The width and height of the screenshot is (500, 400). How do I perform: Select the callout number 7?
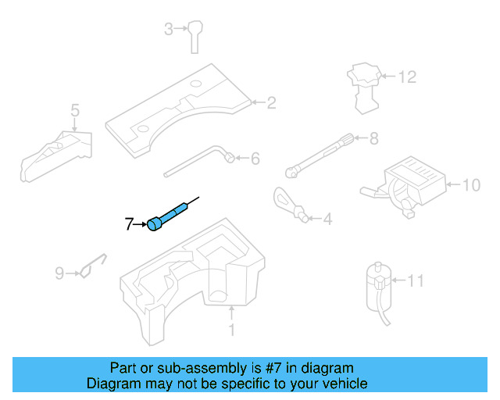pos(130,225)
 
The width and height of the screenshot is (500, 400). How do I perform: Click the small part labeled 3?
pos(195,37)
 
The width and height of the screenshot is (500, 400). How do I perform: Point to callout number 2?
pos(271,102)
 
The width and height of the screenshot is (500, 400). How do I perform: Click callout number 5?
pos(75,110)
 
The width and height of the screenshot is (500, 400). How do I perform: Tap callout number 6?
pos(254,159)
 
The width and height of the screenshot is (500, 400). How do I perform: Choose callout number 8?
pos(373,139)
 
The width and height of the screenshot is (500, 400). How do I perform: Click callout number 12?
pos(407,77)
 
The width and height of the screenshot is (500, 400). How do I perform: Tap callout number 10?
pos(471,185)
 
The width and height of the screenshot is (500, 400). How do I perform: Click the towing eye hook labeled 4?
pos(287,202)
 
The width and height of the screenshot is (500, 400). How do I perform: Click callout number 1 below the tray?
pos(231,330)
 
